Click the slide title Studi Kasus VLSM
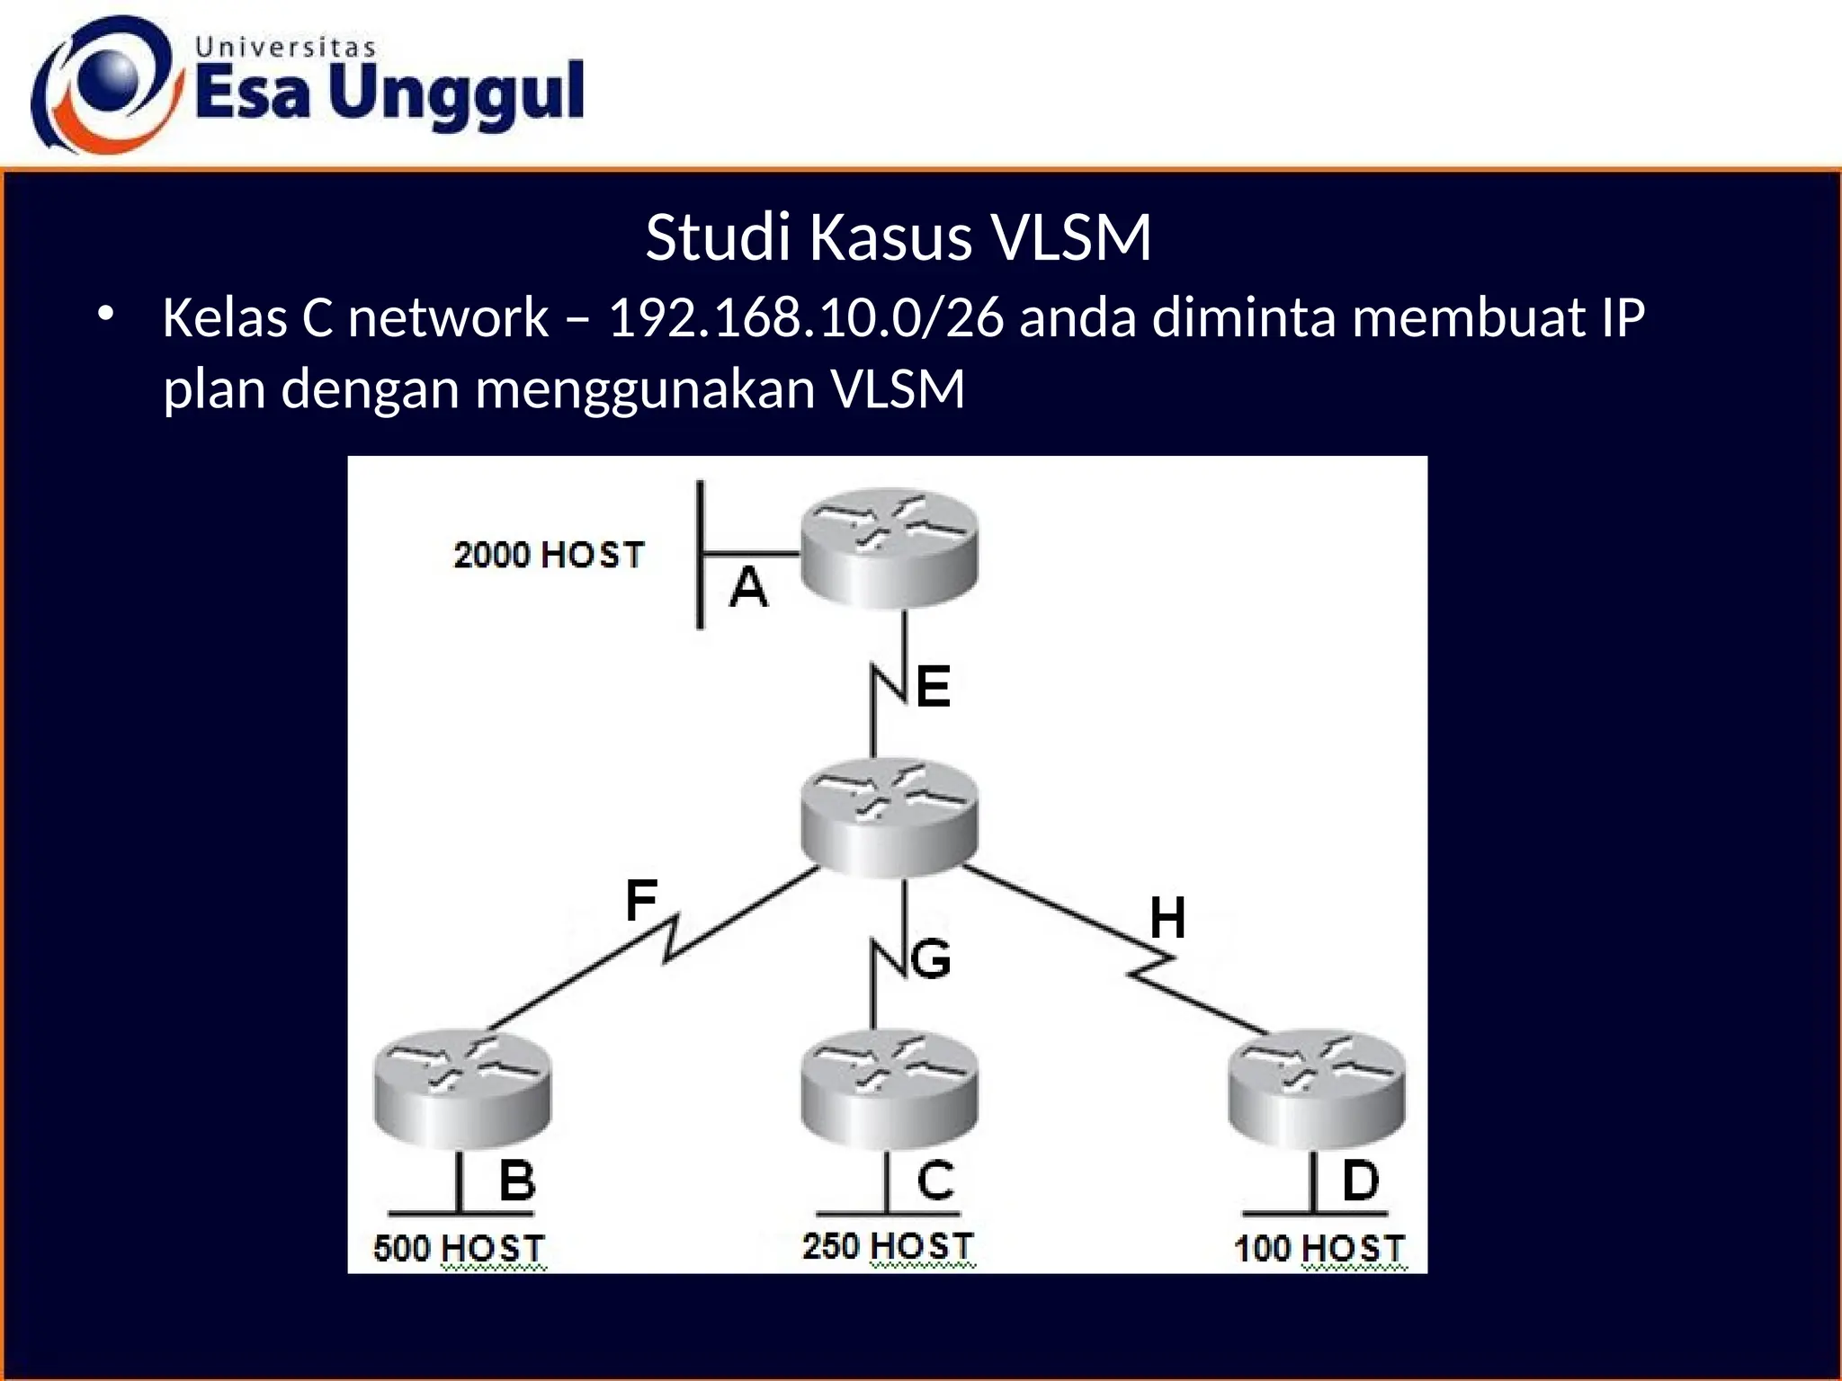click(x=898, y=238)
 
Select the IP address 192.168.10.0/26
click(x=806, y=318)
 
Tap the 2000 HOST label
click(x=549, y=555)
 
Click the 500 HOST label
click(x=459, y=1248)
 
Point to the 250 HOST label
click(x=888, y=1246)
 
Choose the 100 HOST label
click(x=1319, y=1248)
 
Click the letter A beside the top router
click(x=748, y=589)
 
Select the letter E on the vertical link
click(x=934, y=687)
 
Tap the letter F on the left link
click(x=641, y=900)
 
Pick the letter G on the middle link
click(x=931, y=958)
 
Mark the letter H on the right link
click(x=1167, y=918)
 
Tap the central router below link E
click(x=889, y=816)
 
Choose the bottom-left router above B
click(x=462, y=1090)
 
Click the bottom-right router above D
click(x=1316, y=1090)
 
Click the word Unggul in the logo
click(x=457, y=94)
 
